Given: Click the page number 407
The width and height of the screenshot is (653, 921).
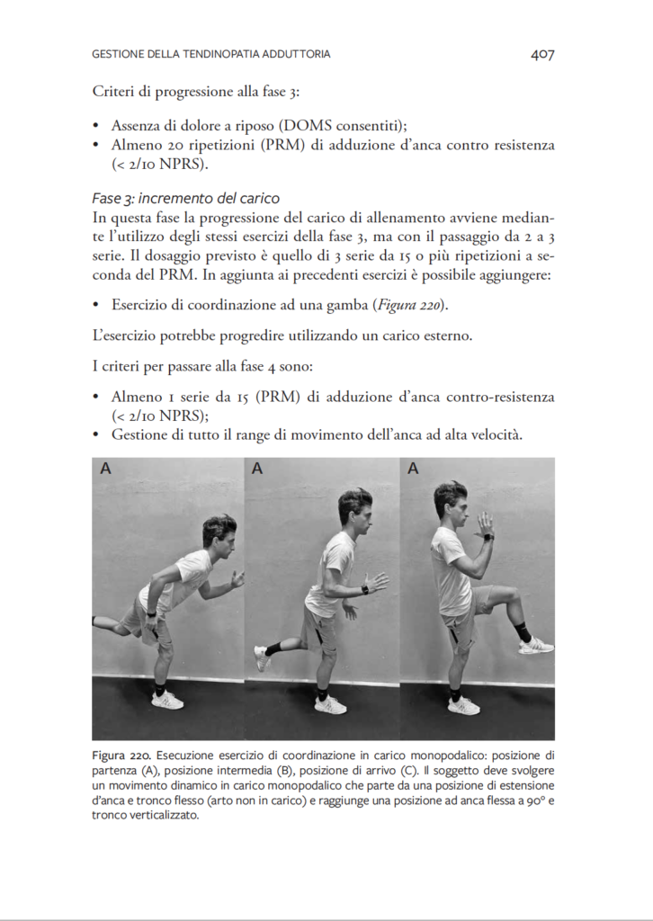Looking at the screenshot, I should click(541, 55).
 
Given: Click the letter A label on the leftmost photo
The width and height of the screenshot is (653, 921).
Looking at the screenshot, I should click(105, 469).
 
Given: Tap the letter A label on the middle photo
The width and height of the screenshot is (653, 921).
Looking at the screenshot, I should click(257, 469).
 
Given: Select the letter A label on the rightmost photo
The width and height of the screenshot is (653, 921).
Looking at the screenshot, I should click(413, 469).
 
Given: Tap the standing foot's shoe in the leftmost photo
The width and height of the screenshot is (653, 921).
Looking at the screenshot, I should click(167, 700).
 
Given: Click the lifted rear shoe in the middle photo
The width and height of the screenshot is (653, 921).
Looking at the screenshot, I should click(262, 657).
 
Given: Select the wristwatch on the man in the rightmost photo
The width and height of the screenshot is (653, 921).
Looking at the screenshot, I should click(488, 537).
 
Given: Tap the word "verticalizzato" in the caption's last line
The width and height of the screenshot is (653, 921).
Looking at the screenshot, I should click(161, 817).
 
